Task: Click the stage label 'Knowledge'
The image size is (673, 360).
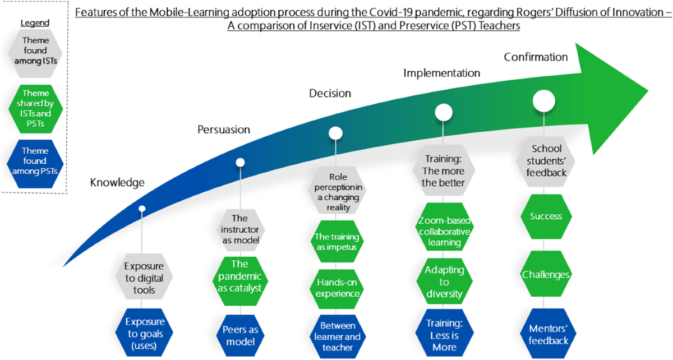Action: pyautogui.click(x=118, y=182)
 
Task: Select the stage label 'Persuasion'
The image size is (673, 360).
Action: pyautogui.click(x=224, y=130)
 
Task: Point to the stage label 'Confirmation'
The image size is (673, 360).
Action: pyautogui.click(x=536, y=57)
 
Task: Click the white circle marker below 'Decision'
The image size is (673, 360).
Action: pyautogui.click(x=335, y=133)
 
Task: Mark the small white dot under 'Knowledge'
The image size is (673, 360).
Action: pyautogui.click(x=142, y=209)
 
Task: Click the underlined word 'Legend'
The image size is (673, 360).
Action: pyautogui.click(x=35, y=23)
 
